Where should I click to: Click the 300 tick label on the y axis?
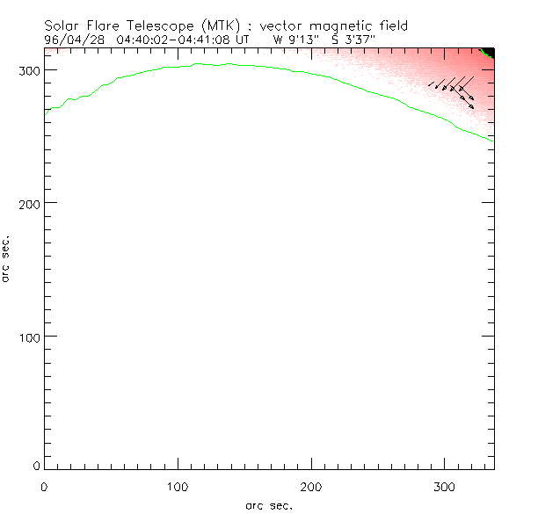29,69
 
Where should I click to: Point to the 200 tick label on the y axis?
29,203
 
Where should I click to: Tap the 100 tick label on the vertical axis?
29,337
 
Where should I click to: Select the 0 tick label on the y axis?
36,465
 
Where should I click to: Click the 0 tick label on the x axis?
44,485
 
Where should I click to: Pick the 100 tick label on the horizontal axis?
178,485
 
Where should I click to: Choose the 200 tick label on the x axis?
311,485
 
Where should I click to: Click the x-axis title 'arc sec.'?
268,504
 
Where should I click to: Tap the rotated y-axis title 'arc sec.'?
7,258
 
